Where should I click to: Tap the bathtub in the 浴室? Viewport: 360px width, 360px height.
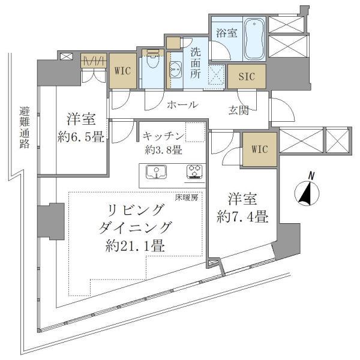254,39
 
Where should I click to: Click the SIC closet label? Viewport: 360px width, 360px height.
246,76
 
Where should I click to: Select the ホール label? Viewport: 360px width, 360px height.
182,105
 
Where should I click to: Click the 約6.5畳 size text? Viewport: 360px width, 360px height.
80,137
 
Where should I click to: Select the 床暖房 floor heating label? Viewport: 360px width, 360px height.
186,197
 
